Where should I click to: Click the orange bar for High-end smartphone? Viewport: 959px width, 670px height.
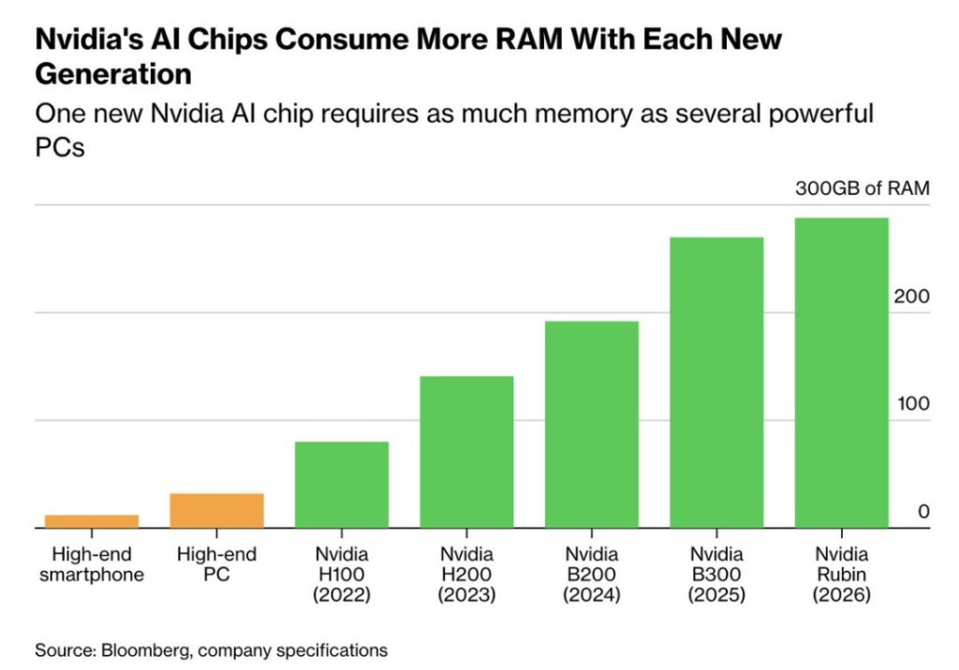(x=92, y=521)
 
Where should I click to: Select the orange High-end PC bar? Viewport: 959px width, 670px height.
(x=216, y=511)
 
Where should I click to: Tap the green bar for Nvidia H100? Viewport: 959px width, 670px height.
(x=342, y=484)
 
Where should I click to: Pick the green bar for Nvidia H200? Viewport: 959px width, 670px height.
(x=466, y=452)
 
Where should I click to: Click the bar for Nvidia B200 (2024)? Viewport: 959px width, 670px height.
(x=592, y=424)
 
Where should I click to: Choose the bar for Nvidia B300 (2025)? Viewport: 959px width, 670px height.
(x=716, y=382)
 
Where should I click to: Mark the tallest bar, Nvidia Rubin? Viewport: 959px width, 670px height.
(x=841, y=373)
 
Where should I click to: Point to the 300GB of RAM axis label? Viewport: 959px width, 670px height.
(x=862, y=188)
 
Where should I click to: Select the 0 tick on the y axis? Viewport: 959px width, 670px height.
(x=922, y=512)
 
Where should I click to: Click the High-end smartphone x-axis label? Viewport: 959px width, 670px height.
(x=92, y=564)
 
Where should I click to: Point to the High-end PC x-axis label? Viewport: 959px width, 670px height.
(x=216, y=564)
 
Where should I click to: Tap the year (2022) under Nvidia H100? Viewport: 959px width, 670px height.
(x=342, y=595)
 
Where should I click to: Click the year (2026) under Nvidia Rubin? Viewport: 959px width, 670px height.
(x=841, y=595)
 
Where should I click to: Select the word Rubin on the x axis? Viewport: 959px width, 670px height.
(x=841, y=574)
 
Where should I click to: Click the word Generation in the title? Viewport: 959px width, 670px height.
(x=113, y=72)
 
